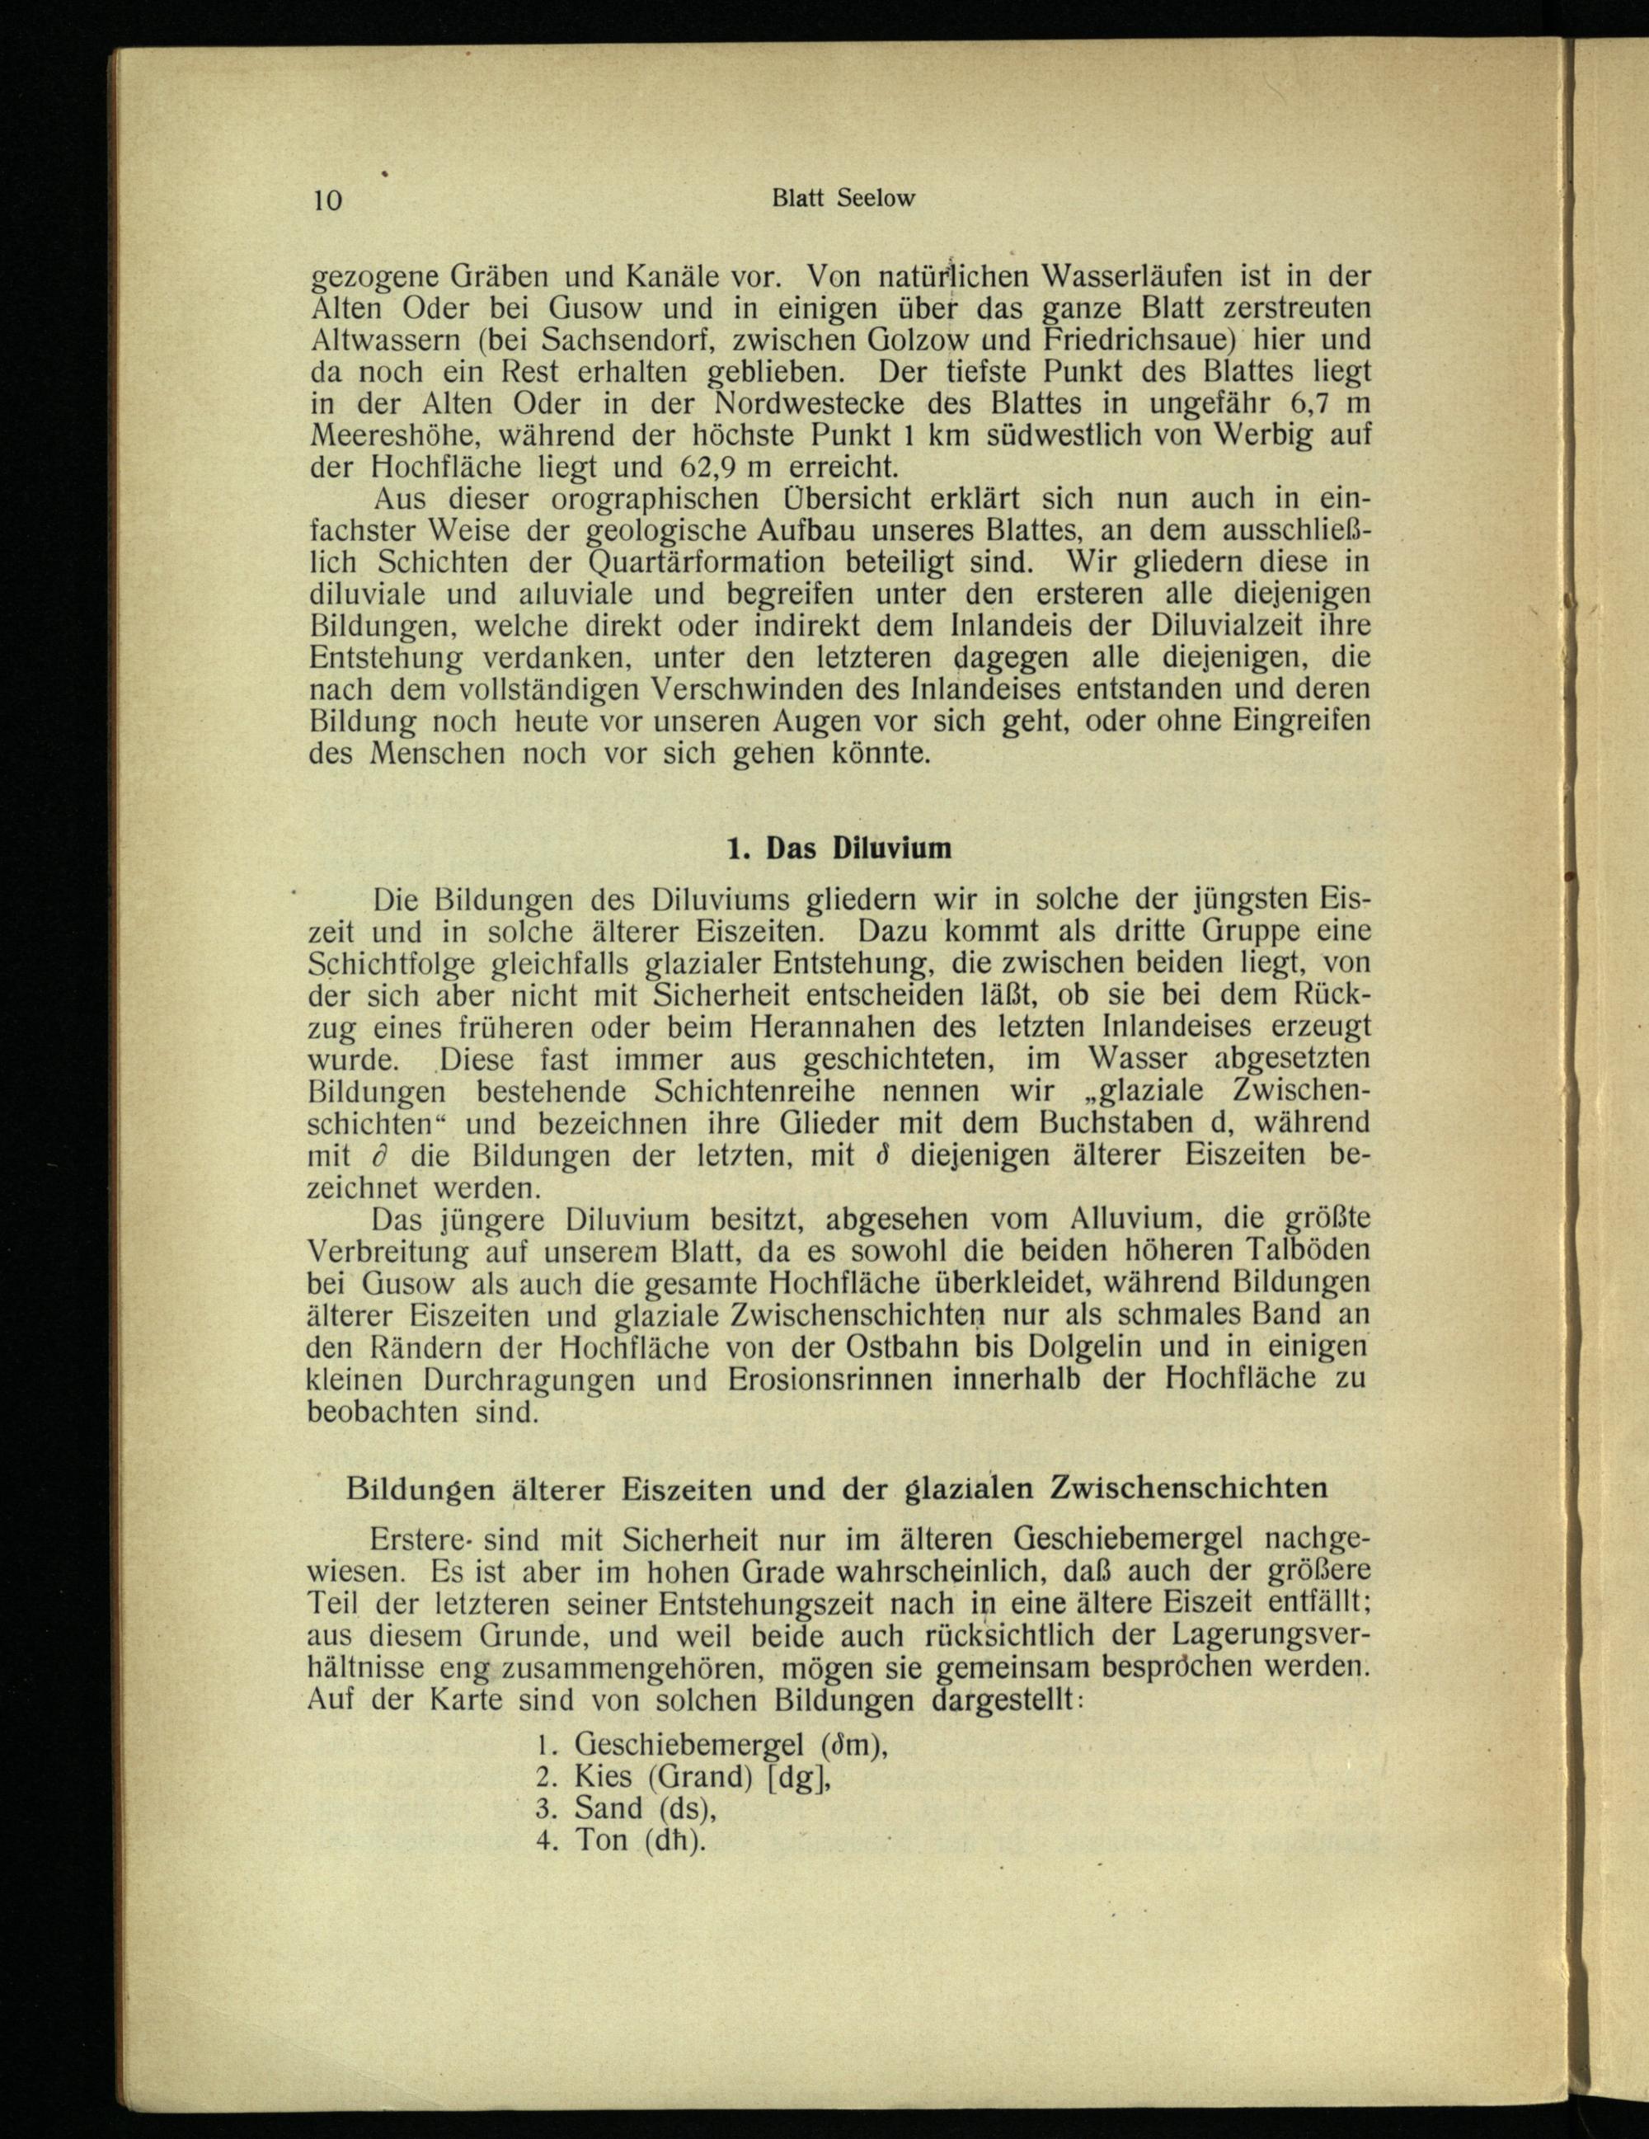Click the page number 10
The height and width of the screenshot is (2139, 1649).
click(327, 200)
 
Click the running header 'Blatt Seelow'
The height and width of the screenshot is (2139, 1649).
click(843, 198)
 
